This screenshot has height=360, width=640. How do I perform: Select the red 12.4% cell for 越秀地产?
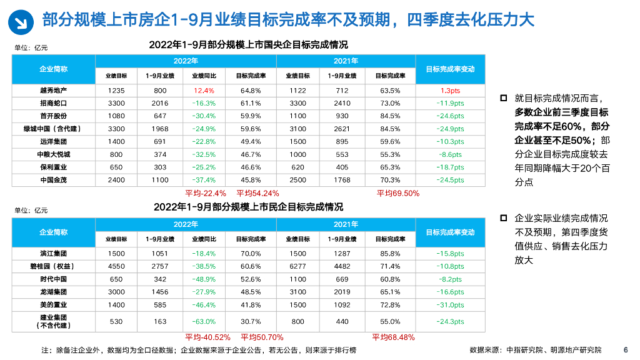204,91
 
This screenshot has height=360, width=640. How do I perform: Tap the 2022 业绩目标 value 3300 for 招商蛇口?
116,103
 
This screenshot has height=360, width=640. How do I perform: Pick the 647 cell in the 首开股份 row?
160,116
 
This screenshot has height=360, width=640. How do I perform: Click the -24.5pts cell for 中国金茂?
450,180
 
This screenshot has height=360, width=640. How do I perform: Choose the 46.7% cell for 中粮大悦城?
251,154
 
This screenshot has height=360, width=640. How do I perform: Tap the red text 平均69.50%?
398,193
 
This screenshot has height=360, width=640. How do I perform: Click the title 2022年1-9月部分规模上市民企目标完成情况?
248,207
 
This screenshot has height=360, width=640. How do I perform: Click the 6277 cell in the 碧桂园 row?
297,266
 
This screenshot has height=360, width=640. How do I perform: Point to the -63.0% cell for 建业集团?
204,322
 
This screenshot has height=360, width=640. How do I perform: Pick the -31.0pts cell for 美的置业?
450,305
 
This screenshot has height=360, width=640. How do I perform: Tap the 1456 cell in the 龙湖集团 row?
160,292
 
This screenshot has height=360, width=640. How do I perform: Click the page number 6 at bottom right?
626,350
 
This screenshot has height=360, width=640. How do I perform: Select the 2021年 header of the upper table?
346,61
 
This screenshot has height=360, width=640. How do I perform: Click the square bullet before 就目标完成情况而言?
503,98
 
